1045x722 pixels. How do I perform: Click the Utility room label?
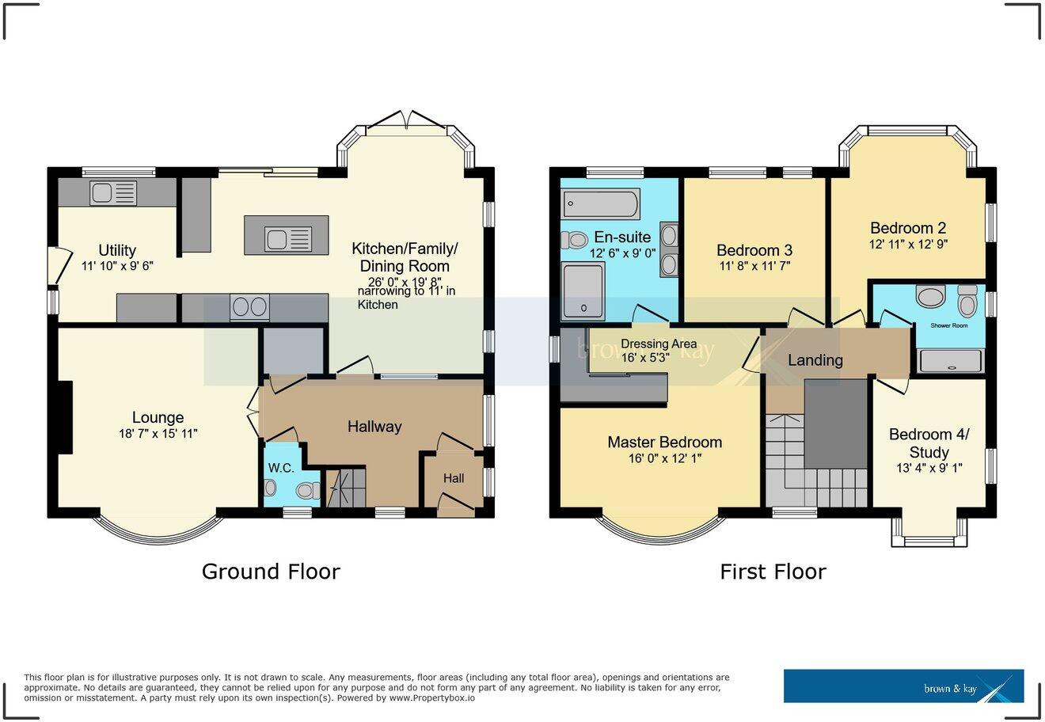click(x=117, y=250)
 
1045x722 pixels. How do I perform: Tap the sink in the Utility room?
click(x=113, y=192)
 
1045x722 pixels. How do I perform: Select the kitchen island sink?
click(x=286, y=236)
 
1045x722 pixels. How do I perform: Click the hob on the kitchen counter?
click(x=249, y=307)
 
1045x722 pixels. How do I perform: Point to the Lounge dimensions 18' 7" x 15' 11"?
click(x=158, y=433)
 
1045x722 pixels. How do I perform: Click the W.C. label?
click(x=281, y=468)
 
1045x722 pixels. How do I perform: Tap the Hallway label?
click(x=374, y=427)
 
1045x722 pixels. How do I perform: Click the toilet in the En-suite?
click(x=574, y=239)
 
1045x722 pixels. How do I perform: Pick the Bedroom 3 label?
click(x=754, y=250)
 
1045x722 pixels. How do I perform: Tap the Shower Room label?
click(x=949, y=325)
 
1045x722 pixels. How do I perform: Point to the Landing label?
click(x=815, y=360)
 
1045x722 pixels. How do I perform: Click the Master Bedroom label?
click(x=664, y=442)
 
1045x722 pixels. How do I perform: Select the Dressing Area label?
click(x=659, y=344)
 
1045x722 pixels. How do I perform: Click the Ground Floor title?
click(x=271, y=572)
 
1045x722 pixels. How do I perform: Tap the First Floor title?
click(x=773, y=572)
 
